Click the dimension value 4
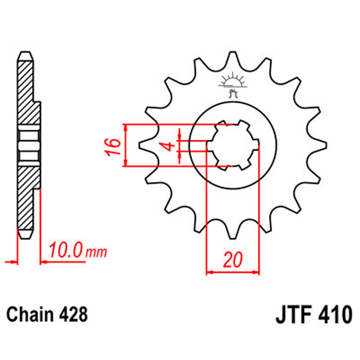tap(167, 146)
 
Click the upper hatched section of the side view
tap(27, 91)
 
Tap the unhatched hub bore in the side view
tap(28, 145)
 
